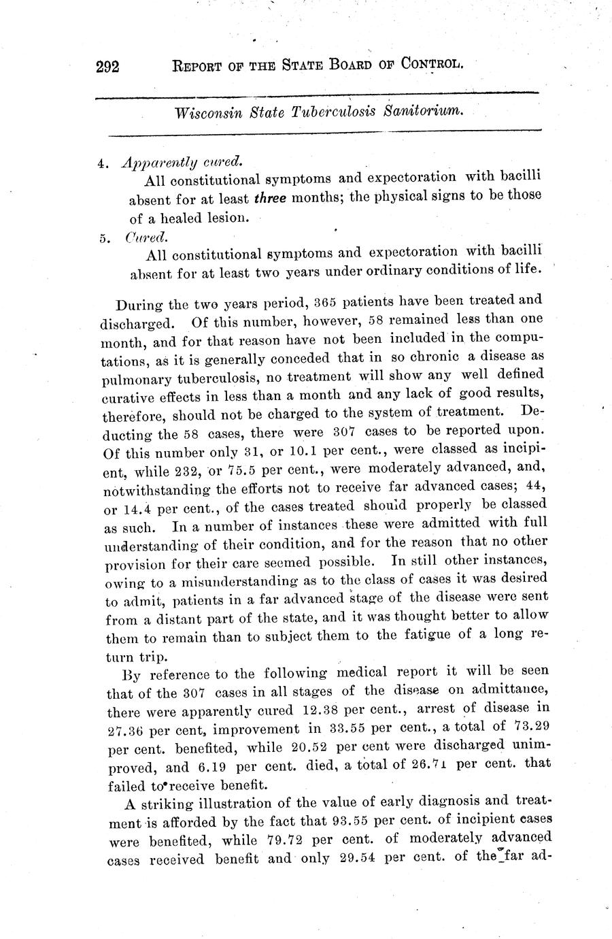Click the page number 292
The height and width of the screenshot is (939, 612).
[108, 67]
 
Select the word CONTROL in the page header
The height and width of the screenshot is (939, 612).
[432, 65]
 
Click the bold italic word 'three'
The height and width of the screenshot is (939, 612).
[270, 199]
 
